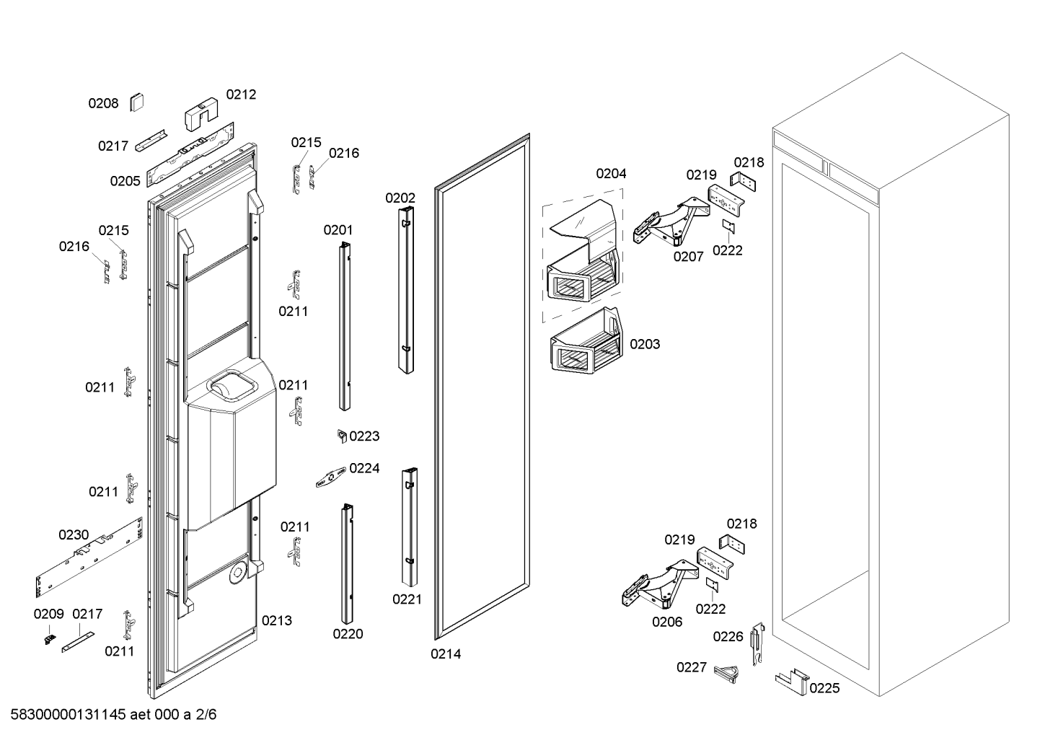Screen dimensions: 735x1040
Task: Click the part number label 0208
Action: coord(103,104)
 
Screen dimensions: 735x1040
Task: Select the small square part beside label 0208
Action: coord(136,102)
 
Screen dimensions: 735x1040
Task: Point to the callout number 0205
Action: coord(125,181)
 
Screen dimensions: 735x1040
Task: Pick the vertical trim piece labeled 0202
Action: coord(406,289)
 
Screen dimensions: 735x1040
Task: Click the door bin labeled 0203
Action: coord(584,346)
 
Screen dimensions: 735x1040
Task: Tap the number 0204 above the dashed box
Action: coord(611,173)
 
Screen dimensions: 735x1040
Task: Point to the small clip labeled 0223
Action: coord(343,436)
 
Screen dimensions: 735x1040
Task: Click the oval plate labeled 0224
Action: coord(331,477)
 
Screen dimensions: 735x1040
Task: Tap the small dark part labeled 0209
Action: coord(50,638)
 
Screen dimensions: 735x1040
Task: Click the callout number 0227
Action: coord(691,667)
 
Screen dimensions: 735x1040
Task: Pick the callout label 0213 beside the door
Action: coord(276,620)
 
